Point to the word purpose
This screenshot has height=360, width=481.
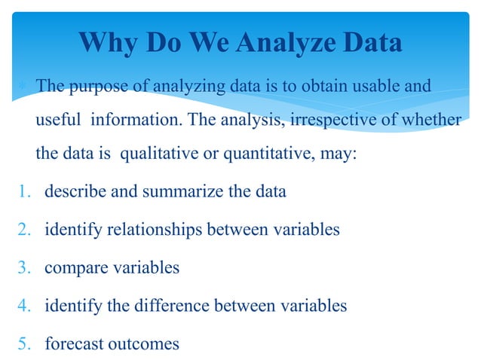[x=98, y=87]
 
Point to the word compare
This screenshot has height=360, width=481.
[x=72, y=268]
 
